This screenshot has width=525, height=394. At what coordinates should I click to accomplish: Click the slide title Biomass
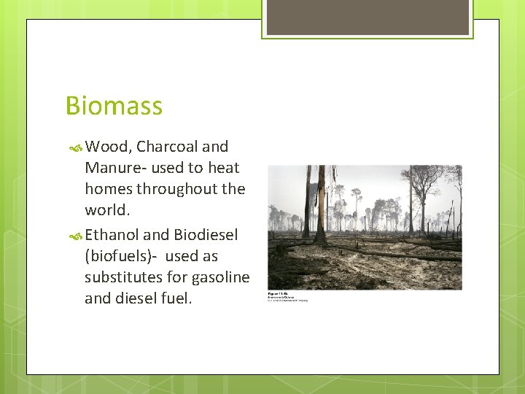tap(114, 107)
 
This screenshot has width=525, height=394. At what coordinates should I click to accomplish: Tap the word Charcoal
tap(165, 147)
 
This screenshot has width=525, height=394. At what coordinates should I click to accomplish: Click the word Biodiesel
tap(206, 235)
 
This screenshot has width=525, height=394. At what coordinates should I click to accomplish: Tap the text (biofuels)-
tap(120, 256)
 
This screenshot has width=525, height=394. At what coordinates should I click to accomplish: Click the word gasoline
tap(221, 277)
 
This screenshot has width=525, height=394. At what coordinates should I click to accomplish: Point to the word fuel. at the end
tap(176, 298)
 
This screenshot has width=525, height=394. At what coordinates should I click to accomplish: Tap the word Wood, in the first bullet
tap(108, 147)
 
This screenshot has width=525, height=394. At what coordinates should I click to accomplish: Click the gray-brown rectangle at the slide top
tap(367, 17)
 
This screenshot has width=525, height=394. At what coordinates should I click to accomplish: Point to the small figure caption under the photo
tap(288, 297)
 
